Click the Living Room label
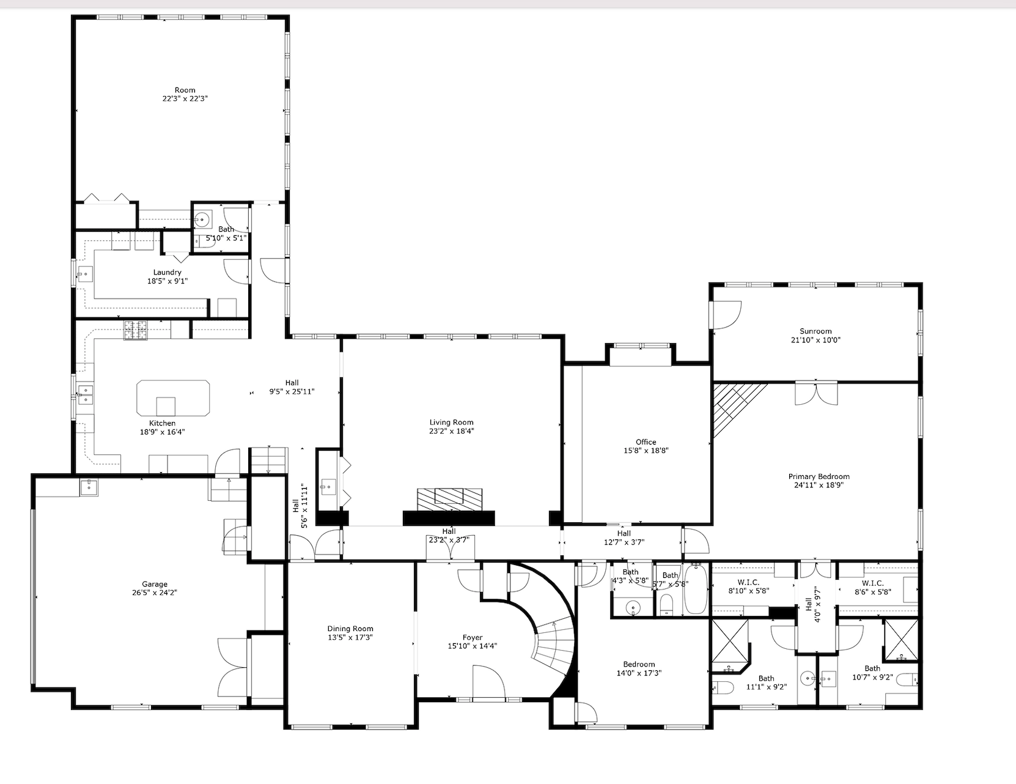click(451, 422)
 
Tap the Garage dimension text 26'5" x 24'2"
click(154, 592)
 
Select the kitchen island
click(173, 398)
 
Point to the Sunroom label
click(815, 331)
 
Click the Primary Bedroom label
click(819, 476)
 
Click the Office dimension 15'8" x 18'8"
click(646, 450)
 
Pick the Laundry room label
click(167, 272)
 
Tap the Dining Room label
click(350, 629)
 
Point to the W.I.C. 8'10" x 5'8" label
click(748, 583)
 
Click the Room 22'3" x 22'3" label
click(185, 90)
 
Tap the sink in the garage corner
click(89, 487)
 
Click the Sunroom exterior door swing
click(727, 314)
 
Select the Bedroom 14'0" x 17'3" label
click(639, 664)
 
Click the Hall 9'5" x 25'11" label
click(292, 383)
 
